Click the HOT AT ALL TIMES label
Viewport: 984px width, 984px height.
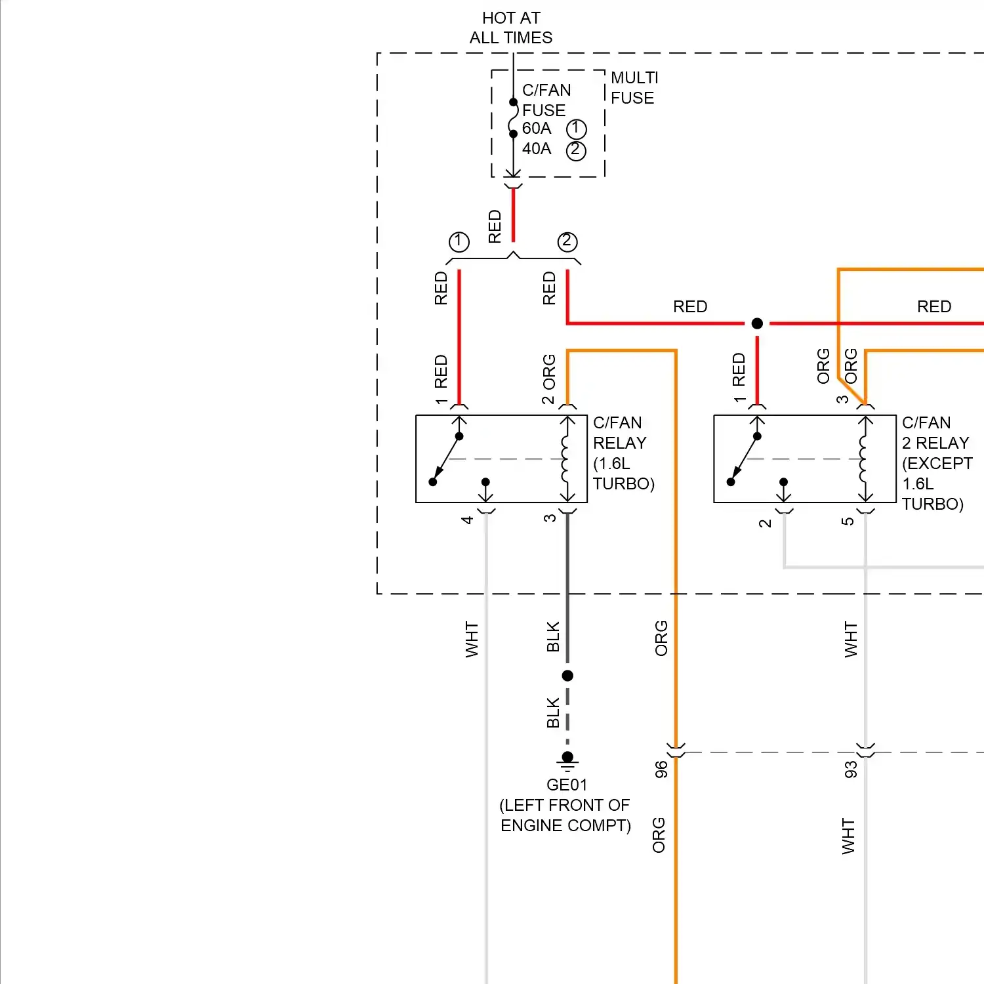511,28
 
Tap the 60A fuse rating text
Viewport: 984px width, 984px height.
537,129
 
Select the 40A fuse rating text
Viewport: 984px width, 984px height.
537,149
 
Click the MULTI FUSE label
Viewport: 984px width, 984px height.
634,88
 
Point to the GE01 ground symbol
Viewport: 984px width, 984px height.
567,762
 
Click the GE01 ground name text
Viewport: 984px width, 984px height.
567,785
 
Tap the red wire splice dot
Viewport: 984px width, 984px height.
757,323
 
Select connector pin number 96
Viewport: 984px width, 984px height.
661,769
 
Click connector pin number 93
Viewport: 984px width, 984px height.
851,769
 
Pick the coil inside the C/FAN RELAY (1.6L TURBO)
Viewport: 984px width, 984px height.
565,459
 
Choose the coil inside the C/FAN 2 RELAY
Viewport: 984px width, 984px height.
863,459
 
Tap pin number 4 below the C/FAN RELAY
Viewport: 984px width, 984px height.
467,520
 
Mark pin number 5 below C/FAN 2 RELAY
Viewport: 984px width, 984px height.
848,522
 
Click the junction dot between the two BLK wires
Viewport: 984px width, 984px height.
567,676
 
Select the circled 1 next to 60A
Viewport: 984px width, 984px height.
576,129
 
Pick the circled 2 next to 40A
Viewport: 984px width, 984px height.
575,150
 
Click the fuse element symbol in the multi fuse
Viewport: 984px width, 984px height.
513,118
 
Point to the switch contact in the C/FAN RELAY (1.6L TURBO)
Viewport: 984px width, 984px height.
446,459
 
